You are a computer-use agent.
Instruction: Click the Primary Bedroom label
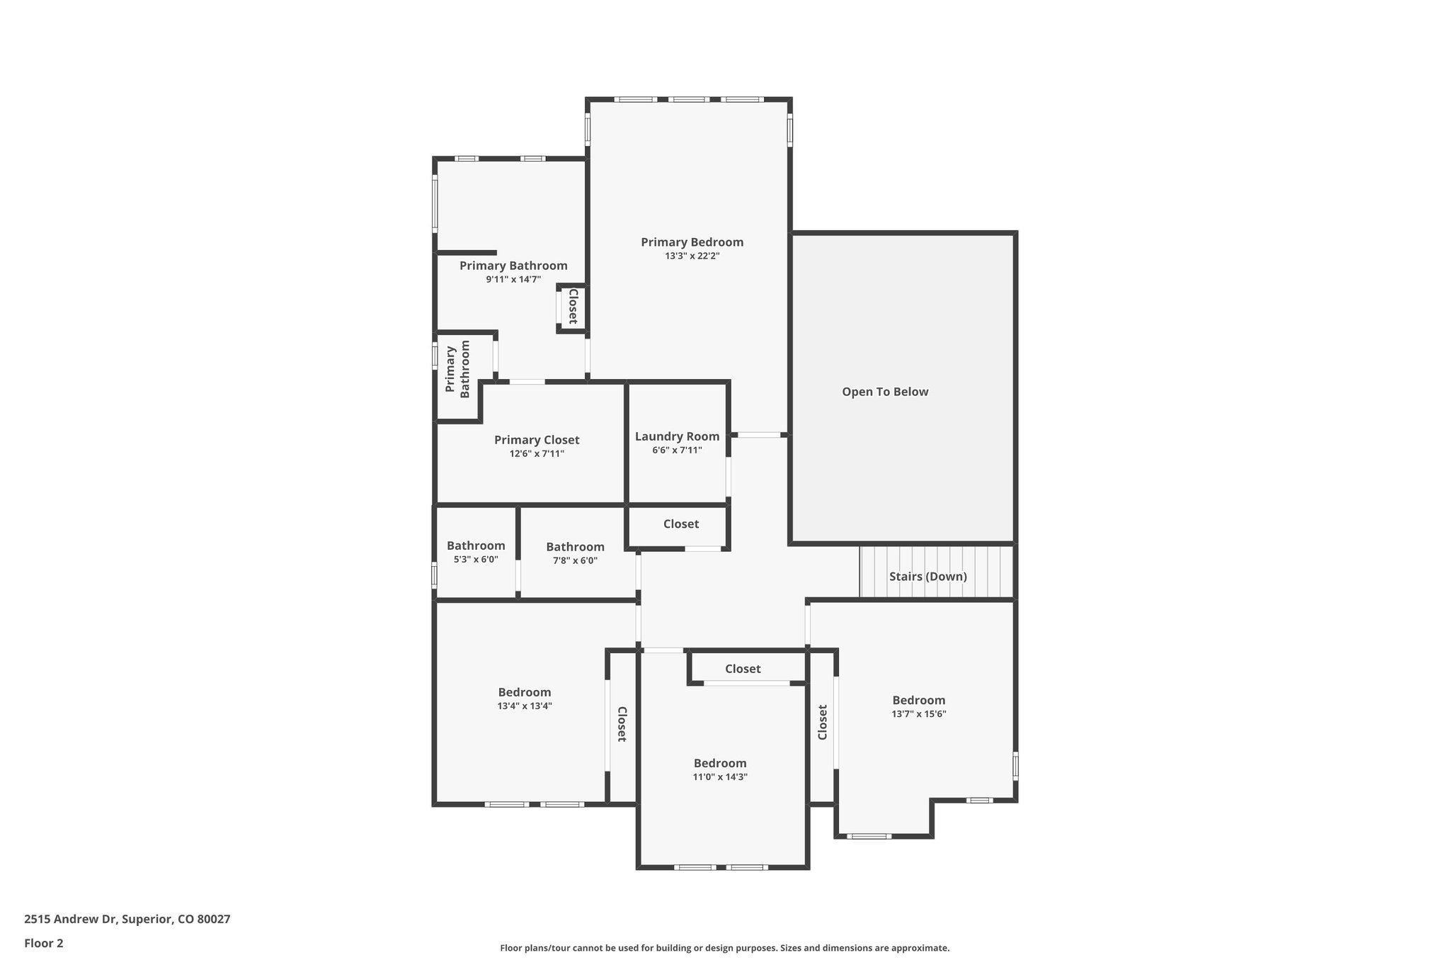692,242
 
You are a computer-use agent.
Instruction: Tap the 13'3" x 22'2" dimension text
692,256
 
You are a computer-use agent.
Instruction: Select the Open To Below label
885,392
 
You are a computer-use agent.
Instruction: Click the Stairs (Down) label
927,577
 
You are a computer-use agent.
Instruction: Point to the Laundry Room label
677,437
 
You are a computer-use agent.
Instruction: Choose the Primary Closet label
537,441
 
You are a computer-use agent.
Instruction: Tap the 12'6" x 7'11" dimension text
537,454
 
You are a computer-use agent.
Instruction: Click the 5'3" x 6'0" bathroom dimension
476,560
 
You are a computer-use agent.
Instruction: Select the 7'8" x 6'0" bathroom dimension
575,561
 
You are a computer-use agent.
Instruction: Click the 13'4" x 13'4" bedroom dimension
525,706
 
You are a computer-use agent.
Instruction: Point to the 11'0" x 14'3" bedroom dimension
720,777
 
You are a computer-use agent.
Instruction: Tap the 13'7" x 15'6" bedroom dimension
919,715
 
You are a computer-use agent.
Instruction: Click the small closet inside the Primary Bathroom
572,307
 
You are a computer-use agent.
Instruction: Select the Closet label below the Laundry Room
681,524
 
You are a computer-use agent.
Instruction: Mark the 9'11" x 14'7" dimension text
513,280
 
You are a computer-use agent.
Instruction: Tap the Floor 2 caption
44,944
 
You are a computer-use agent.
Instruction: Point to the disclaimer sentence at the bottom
725,948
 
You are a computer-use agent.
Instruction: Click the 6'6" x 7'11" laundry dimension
677,451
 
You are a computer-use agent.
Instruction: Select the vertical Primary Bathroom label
457,369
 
